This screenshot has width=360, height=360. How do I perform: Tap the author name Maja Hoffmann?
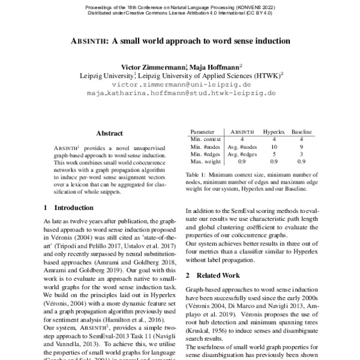215,67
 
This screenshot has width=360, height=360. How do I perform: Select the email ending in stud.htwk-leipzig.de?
180,94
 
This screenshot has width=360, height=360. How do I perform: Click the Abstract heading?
109,133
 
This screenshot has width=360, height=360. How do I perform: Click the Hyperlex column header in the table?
274,131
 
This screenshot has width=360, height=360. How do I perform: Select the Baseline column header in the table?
302,131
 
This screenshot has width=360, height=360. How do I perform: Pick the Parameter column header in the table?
202,131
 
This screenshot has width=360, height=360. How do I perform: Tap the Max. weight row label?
205,161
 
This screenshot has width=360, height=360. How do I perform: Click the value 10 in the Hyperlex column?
274,146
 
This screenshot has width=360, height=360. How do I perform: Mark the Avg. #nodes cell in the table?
243,146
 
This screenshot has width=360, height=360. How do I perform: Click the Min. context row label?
205,138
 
